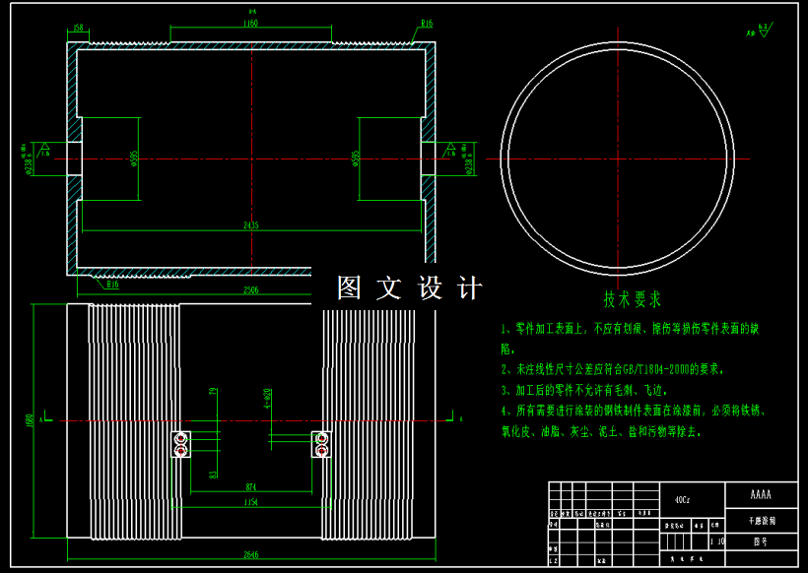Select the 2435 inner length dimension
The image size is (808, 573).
(251, 225)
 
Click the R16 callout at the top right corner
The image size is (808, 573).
(427, 23)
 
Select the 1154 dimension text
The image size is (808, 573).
(250, 502)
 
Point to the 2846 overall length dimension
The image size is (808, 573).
(250, 555)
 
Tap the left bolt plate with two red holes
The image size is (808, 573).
(180, 444)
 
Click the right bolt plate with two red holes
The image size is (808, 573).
(322, 444)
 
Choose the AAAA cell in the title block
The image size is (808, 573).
(760, 494)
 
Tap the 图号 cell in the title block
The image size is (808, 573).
(760, 541)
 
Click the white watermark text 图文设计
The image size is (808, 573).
(409, 288)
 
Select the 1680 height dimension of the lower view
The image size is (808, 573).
(31, 421)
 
